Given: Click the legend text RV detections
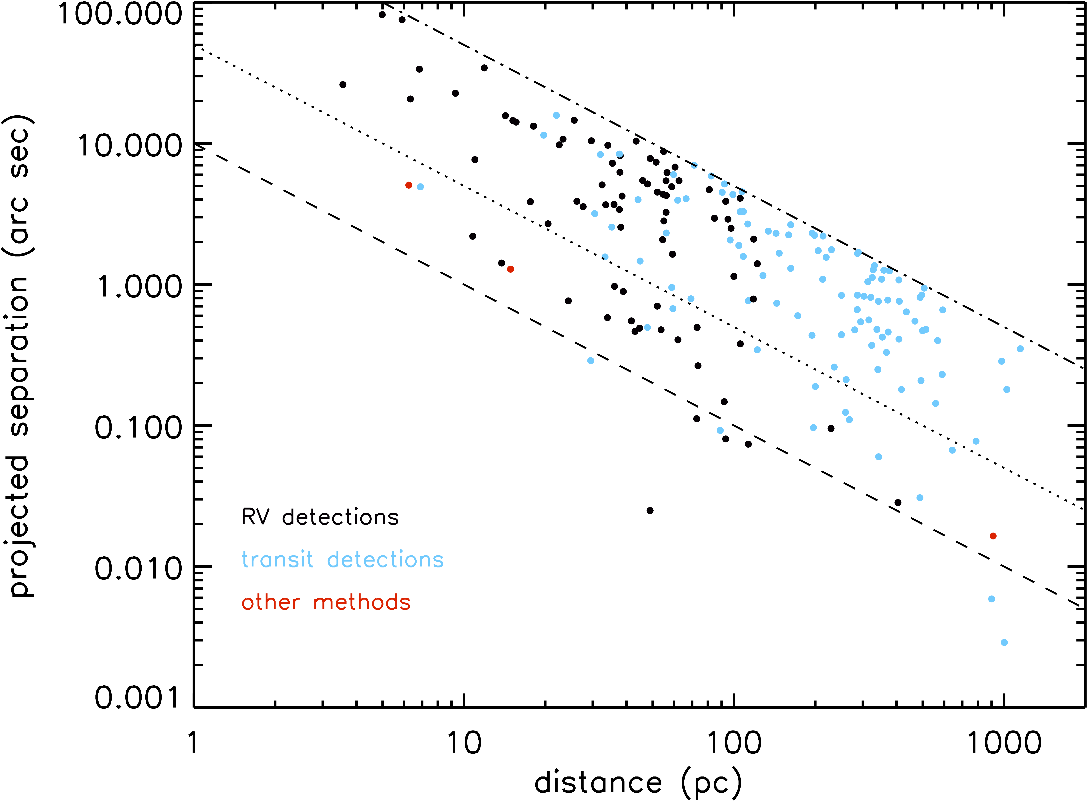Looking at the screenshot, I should coord(320,517).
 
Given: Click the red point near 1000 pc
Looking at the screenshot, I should coord(993,536).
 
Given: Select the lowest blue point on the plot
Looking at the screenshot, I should coord(1004,642).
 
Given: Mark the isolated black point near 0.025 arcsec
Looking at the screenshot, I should coord(650,511).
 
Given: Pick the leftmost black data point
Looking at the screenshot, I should coord(343,85).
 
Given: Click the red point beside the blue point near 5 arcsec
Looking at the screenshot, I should coord(409,185).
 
